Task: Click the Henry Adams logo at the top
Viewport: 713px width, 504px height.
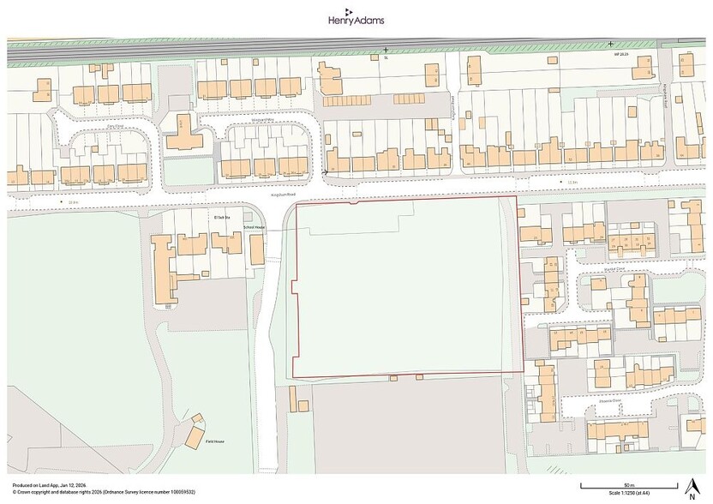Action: tap(356, 19)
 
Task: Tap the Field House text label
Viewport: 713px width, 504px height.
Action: tap(216, 442)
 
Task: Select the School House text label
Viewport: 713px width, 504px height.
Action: tap(255, 227)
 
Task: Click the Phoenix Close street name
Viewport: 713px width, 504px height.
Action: tap(609, 399)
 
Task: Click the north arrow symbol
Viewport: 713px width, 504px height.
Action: tap(691, 489)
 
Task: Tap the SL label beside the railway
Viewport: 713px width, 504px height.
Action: tap(386, 58)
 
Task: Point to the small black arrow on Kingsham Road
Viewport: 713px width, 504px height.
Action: tap(326, 173)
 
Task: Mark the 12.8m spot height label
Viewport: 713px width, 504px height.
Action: tap(73, 202)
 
